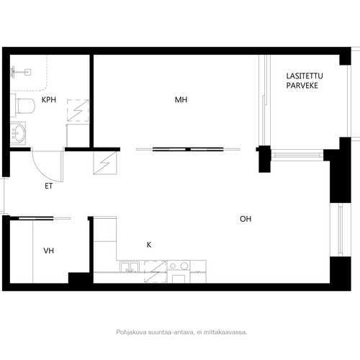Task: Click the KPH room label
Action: [x=49, y=99]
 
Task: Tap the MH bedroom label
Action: [x=181, y=99]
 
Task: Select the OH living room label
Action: [x=246, y=219]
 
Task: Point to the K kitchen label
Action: [x=149, y=245]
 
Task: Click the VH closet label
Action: [x=49, y=251]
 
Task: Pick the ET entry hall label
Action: [x=48, y=186]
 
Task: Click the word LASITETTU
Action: [x=305, y=76]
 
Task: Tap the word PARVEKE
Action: [x=302, y=86]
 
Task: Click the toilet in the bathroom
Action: [x=23, y=106]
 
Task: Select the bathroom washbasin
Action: [x=18, y=133]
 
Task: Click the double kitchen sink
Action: [x=130, y=266]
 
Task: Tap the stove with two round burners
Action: [x=179, y=266]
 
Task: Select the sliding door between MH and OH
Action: [x=188, y=149]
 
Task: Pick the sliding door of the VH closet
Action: [x=45, y=218]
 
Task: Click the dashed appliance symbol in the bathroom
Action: [x=78, y=110]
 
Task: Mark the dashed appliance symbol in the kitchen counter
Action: [x=156, y=271]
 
